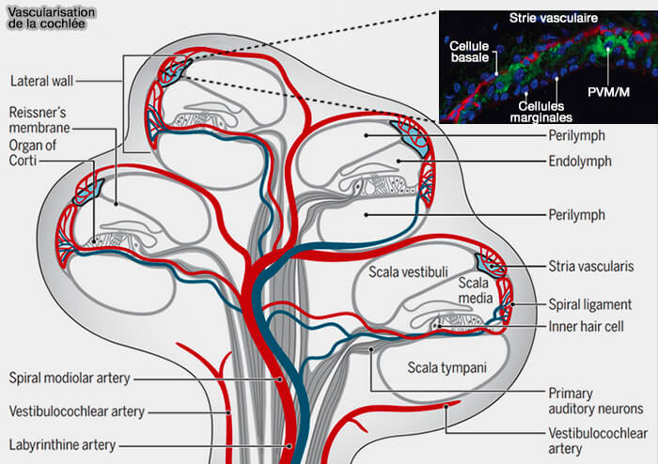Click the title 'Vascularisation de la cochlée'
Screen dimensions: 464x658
coord(47,16)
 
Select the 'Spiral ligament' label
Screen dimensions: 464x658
coord(590,304)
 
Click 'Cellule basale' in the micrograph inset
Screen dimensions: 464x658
coord(469,52)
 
